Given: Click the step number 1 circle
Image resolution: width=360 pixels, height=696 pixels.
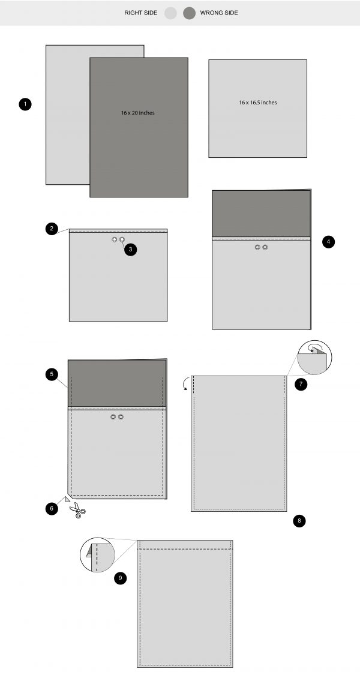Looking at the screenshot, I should [x=25, y=104].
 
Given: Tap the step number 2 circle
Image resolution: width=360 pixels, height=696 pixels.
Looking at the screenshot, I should [x=52, y=229].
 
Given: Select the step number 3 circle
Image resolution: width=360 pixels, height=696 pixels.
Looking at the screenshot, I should [x=131, y=249].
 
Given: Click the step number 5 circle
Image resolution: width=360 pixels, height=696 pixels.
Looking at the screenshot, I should [x=52, y=374].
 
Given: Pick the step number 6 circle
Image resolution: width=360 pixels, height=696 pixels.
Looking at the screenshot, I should [x=52, y=508].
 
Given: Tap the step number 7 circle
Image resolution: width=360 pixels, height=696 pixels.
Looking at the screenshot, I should [x=301, y=384].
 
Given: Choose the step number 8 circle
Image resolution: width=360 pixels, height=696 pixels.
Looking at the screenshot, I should [x=300, y=520].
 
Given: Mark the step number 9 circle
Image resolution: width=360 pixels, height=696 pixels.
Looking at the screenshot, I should [x=121, y=578].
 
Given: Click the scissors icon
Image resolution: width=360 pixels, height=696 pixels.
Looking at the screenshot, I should [x=77, y=511].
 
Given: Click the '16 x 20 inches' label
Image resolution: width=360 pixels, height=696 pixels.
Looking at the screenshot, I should [x=137, y=113].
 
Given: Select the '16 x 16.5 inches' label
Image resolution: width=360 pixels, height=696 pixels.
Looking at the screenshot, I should [x=257, y=103].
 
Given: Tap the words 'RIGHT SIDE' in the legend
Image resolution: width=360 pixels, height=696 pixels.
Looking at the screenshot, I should [x=142, y=13].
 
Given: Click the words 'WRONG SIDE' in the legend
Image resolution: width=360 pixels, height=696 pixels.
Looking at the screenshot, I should [x=219, y=13].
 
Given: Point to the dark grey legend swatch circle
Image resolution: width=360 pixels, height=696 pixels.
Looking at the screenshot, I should [x=190, y=13].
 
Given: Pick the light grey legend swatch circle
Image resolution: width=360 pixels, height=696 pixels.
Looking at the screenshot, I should [x=171, y=13].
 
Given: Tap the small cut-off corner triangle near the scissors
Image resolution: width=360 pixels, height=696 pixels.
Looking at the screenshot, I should [x=68, y=498].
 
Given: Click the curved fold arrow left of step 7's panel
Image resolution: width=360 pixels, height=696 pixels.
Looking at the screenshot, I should [x=187, y=382].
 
